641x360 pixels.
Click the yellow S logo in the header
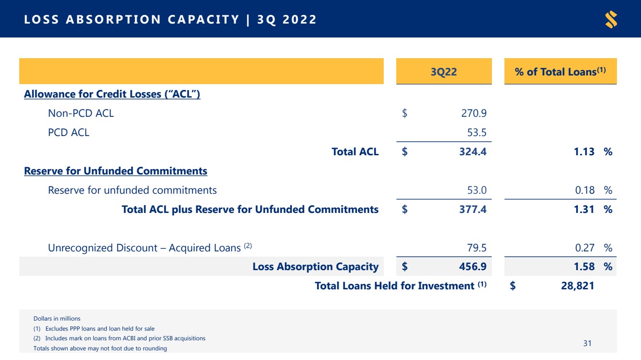click(611, 19)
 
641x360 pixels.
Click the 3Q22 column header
click(444, 72)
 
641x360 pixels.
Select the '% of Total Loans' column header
click(560, 72)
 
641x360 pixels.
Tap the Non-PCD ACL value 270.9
click(474, 113)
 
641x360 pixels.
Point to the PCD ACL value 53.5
click(477, 132)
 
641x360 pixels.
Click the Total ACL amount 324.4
click(473, 151)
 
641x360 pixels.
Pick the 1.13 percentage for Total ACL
click(584, 151)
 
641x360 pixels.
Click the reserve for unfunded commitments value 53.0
click(477, 190)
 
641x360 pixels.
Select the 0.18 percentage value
click(585, 190)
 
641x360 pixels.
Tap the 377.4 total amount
click(473, 209)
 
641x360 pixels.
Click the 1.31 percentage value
click(584, 209)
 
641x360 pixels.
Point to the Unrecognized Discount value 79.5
click(477, 248)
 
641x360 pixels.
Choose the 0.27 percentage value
click(585, 248)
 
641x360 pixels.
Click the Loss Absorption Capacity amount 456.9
click(473, 266)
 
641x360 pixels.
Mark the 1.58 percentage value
click(584, 266)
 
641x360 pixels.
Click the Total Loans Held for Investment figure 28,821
click(578, 286)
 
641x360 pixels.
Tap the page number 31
click(587, 343)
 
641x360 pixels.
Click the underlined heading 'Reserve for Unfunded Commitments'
click(115, 171)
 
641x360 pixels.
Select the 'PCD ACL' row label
click(69, 132)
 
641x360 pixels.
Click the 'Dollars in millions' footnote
click(57, 319)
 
